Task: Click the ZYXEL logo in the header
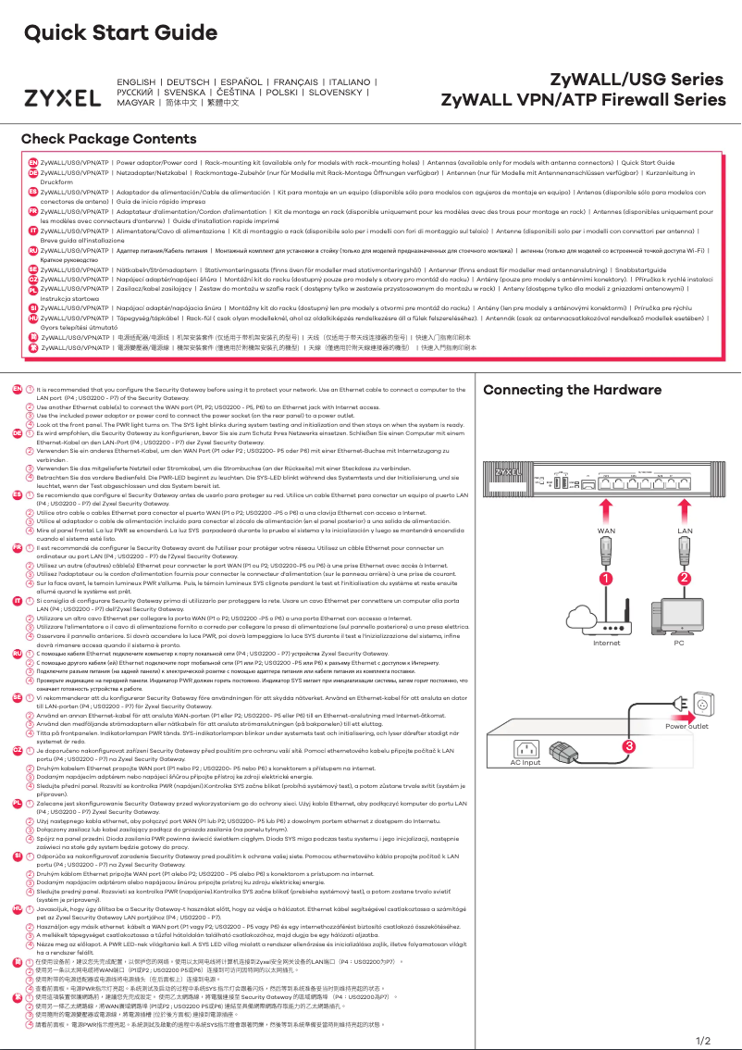(x=62, y=98)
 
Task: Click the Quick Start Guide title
(x=113, y=33)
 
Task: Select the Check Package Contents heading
(x=109, y=140)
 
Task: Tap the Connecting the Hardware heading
(x=573, y=390)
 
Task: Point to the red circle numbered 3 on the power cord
(x=602, y=744)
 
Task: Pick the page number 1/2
(x=702, y=1040)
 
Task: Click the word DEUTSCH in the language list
(x=188, y=82)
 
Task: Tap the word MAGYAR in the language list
(x=135, y=103)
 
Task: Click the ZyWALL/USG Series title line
(x=625, y=80)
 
